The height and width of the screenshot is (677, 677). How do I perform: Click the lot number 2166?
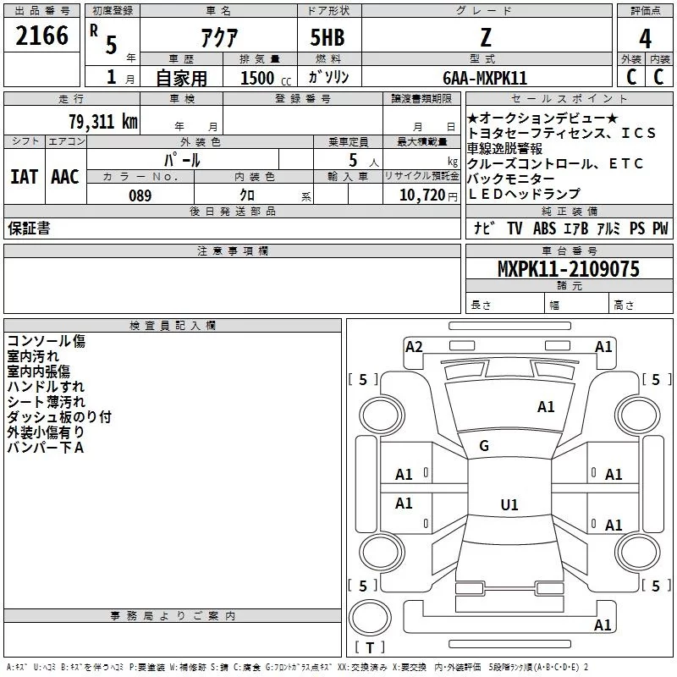[x=41, y=36]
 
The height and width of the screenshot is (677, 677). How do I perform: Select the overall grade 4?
[x=645, y=39]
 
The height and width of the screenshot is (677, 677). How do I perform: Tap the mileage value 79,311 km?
[x=103, y=122]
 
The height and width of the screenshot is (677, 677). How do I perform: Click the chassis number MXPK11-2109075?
[x=568, y=269]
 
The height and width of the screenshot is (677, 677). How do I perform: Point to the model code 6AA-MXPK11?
[x=485, y=78]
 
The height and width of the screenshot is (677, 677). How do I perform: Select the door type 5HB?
[x=327, y=37]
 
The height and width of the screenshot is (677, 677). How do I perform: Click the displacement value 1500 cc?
[x=266, y=78]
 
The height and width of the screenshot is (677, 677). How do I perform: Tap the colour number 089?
[x=140, y=195]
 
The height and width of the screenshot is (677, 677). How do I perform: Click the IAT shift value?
[x=25, y=177]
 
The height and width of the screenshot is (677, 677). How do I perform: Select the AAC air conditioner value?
[x=65, y=177]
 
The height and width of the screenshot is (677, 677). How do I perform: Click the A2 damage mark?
[x=414, y=347]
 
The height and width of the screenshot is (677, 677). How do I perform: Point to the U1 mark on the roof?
[x=509, y=504]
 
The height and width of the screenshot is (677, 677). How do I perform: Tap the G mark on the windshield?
[x=484, y=446]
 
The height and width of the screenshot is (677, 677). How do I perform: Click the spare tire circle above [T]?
[x=370, y=618]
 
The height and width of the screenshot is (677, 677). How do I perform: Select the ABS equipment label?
[x=544, y=228]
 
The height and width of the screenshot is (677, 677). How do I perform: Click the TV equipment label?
[x=515, y=228]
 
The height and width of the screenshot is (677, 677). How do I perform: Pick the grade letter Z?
[x=486, y=37]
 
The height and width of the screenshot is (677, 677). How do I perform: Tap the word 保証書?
[x=29, y=228]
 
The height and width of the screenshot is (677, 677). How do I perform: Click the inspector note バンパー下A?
[x=46, y=448]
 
